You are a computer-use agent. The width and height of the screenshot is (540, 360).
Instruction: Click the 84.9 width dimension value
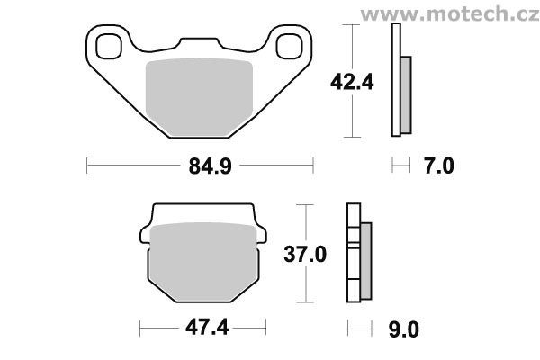coord(210,166)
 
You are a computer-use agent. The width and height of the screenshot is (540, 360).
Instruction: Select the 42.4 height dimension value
coord(352,83)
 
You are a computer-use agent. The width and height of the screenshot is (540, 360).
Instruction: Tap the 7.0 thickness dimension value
coord(439,166)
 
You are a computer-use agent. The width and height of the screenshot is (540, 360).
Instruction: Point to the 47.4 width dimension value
coord(207,327)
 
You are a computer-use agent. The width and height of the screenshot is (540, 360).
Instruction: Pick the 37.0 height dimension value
coord(305,255)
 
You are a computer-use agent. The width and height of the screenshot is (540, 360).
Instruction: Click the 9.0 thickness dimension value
coord(403,329)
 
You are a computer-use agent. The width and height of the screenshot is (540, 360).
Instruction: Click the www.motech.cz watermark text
coord(450,14)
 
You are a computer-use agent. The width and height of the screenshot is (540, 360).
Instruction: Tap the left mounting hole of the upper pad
coord(109,47)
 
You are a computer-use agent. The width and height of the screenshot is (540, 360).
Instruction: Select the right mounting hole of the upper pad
coord(290,46)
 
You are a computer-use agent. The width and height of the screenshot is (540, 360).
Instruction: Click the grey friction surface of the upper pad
coord(199,96)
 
